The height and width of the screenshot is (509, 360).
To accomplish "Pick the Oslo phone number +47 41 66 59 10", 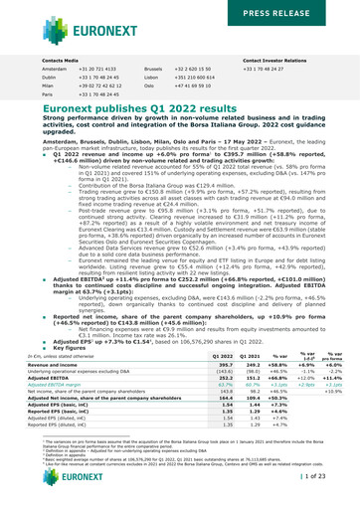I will (229, 88).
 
